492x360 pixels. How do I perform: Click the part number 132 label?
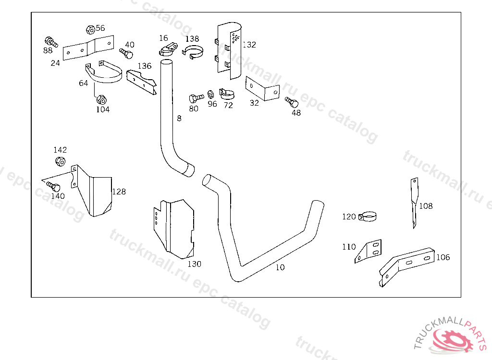tap(249, 45)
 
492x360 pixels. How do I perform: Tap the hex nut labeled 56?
tap(90, 29)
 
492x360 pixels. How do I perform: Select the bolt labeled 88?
tap(49, 42)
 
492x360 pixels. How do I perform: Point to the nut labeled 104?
tap(101, 100)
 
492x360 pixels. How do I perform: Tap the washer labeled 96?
tap(210, 93)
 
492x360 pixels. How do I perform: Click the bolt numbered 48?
tap(292, 102)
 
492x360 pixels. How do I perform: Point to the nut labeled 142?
tap(60, 161)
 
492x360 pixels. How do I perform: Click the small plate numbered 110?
tap(369, 251)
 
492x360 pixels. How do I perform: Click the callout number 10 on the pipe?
tap(280, 267)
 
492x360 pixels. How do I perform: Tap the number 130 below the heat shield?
tap(195, 264)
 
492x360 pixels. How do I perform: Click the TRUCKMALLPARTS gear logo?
tap(451, 339)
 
